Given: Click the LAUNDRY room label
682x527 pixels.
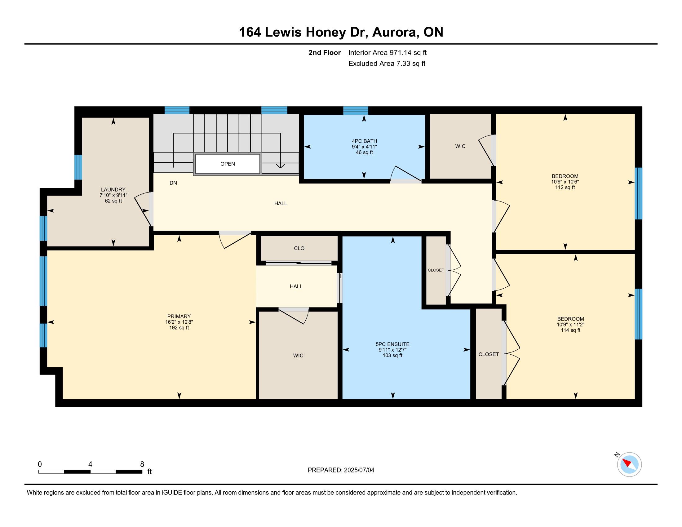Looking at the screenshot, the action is pos(113,189).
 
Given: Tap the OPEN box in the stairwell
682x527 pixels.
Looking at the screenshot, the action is pos(227,164).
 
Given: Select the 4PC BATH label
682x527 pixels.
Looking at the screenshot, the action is pos(365,141).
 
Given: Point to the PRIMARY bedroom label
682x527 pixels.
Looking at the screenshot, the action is pos(179,316).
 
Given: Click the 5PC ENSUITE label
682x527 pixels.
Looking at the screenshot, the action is pos(392,344).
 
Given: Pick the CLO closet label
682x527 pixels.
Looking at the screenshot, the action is pos(299,248).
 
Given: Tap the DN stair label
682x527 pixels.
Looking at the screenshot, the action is pos(173,183).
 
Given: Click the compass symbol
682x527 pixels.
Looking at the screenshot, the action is pos(629,464).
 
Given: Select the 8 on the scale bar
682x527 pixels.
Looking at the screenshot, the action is pos(142,464).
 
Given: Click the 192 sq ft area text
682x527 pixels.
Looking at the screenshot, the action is pos(179,327).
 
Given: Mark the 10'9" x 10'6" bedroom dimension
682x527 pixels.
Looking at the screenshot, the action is pos(565,182).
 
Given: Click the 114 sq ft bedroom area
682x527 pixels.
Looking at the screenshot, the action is pos(570,330).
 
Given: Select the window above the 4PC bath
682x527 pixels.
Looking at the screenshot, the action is pos(356,111).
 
